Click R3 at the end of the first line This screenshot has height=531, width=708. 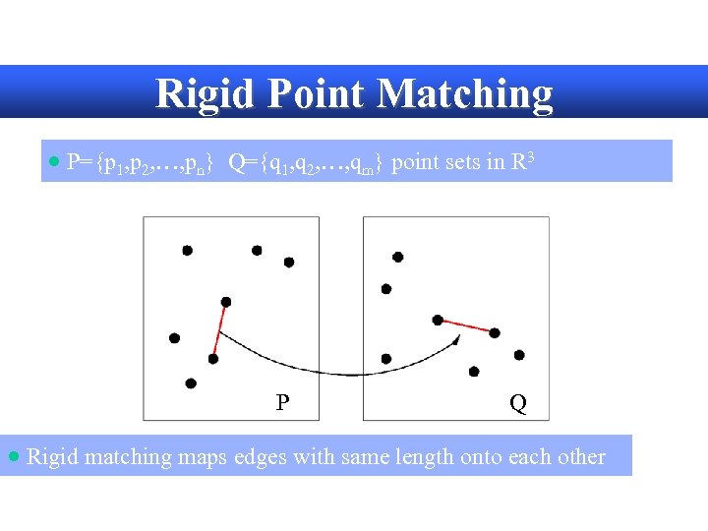tap(523, 161)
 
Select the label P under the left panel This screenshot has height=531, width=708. tap(282, 402)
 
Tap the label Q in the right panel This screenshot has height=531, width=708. tap(517, 403)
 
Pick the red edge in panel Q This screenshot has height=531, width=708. tap(466, 326)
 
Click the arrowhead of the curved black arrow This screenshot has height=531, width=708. tap(456, 339)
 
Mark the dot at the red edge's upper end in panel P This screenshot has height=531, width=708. tap(226, 302)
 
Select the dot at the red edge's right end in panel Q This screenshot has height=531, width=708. tap(495, 333)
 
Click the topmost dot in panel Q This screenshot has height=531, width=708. tap(397, 257)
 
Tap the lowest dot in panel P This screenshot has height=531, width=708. tap(191, 383)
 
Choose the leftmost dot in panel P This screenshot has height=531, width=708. tap(174, 338)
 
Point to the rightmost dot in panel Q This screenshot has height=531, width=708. tap(519, 355)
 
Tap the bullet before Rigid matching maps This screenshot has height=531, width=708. tap(13, 456)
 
